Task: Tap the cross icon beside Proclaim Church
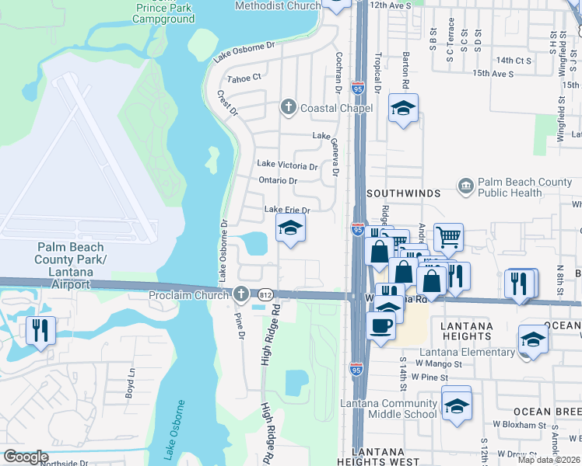pos(241,294)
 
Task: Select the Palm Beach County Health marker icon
pos(465,186)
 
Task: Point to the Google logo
pos(26,457)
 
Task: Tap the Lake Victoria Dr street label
pos(287,166)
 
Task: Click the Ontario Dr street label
pos(278,181)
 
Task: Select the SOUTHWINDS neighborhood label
pos(403,193)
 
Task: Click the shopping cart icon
pos(448,237)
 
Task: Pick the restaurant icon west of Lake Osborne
pos(39,329)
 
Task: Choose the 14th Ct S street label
pos(514,60)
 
